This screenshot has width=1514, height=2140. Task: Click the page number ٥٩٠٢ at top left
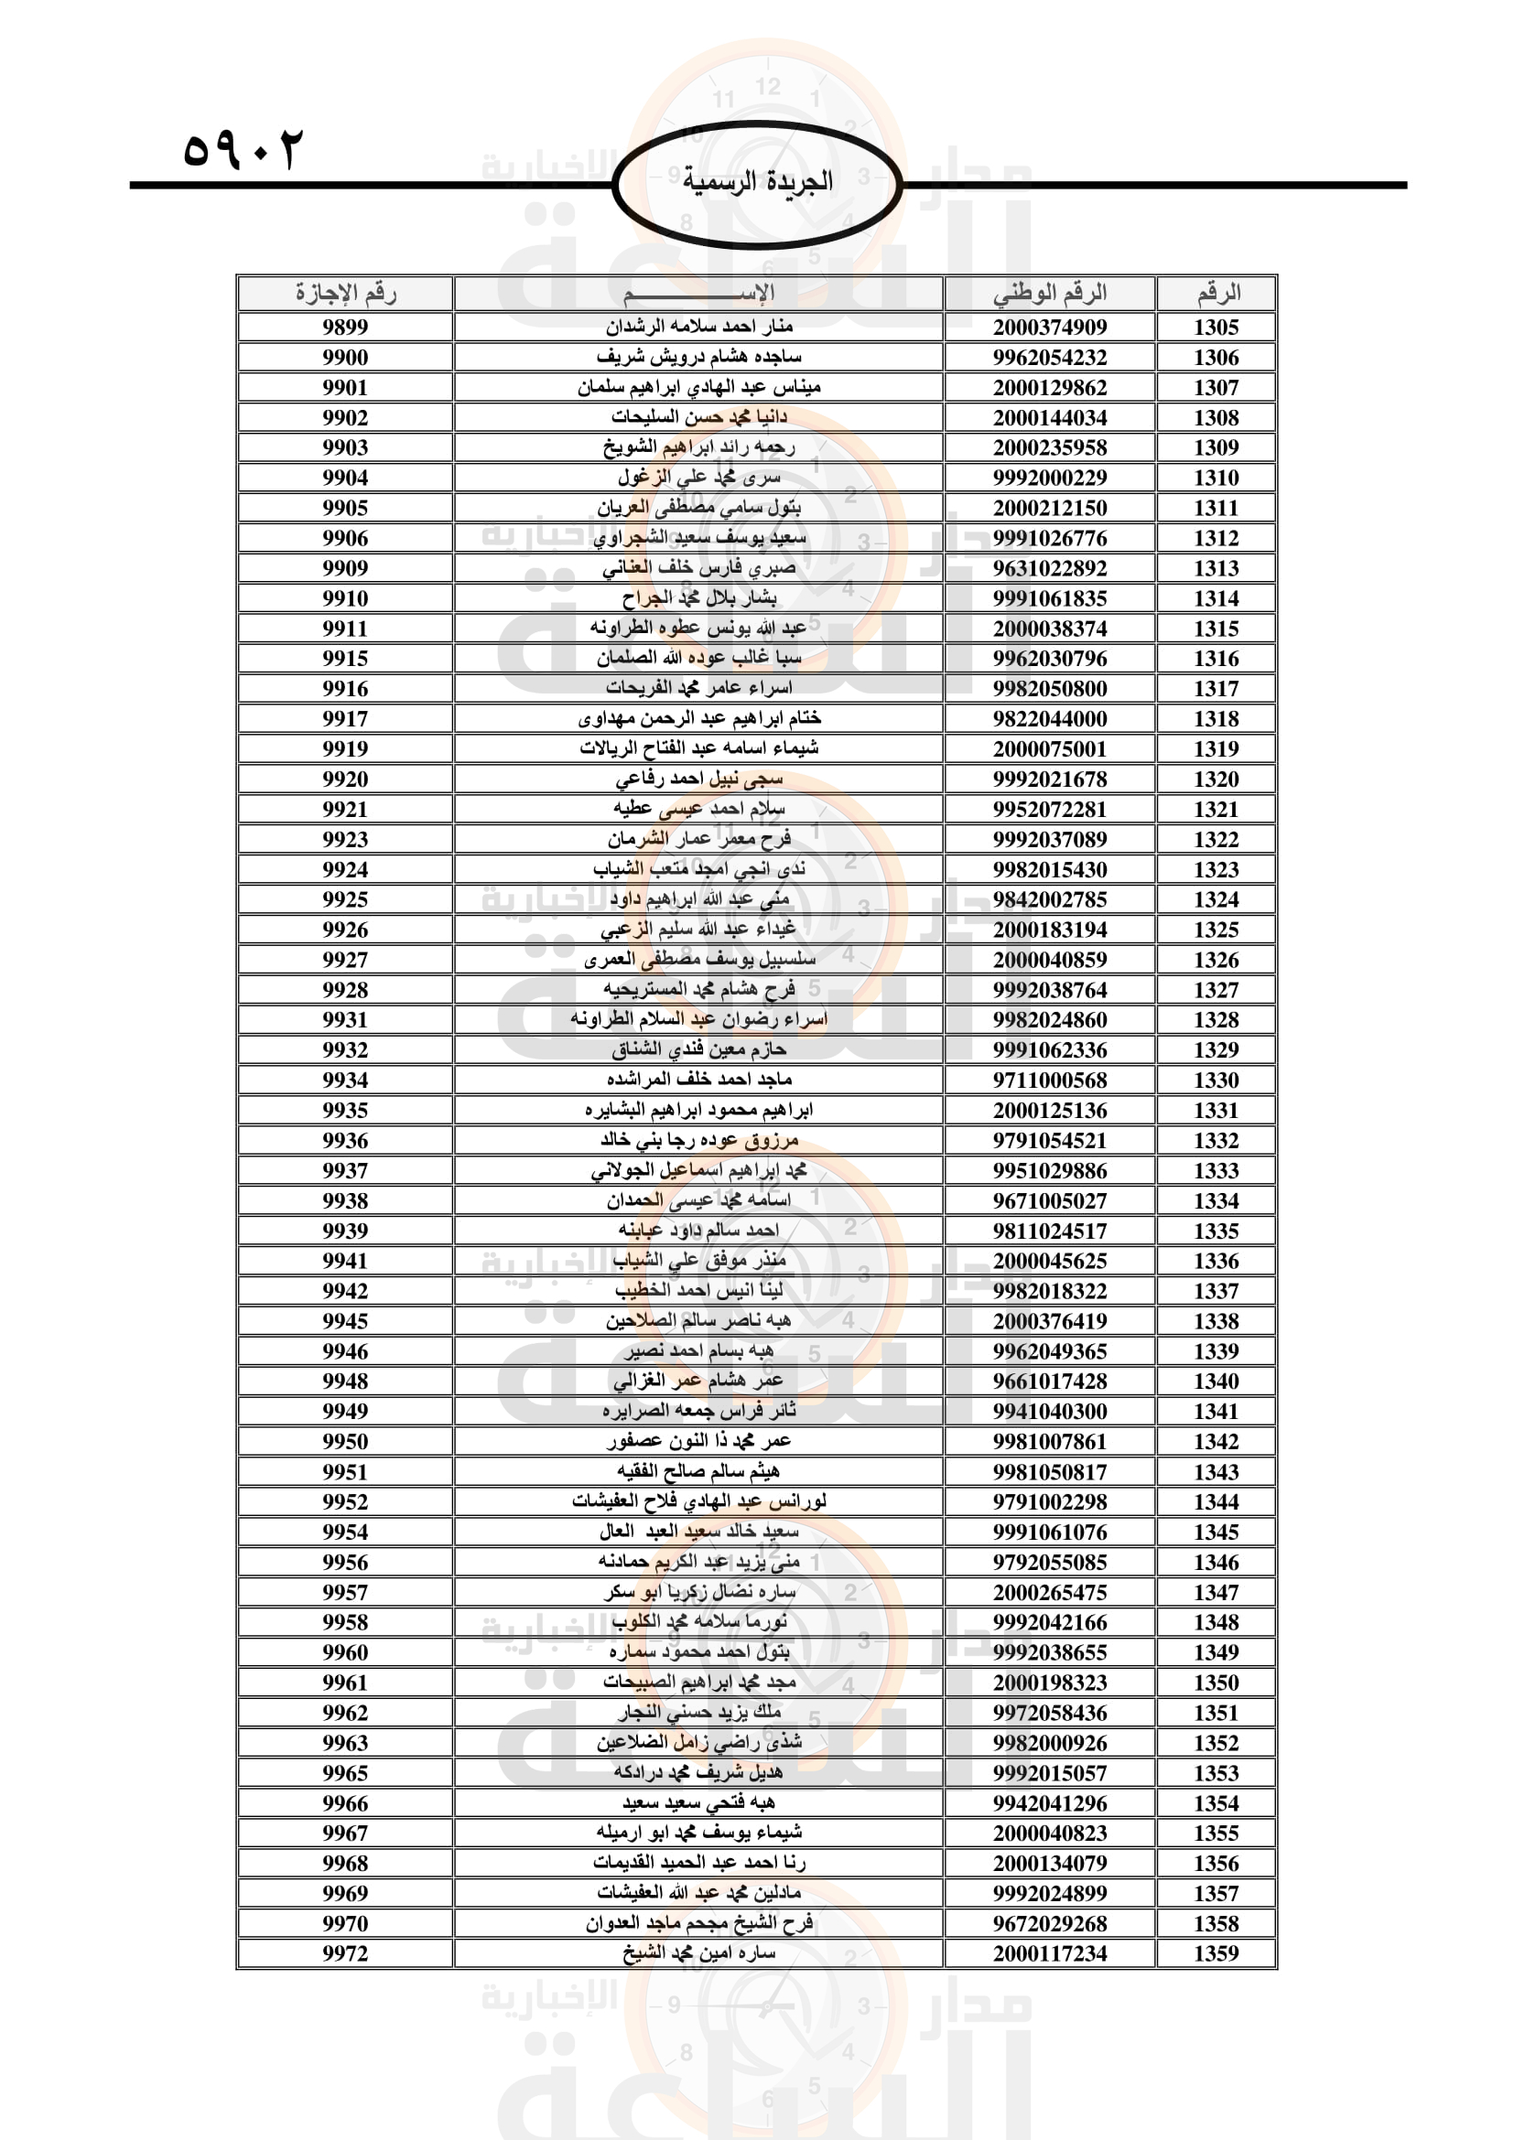(243, 149)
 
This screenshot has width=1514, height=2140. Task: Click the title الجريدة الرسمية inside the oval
(757, 181)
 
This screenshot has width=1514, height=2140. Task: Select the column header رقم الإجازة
(345, 294)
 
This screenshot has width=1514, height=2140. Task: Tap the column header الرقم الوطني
(1050, 294)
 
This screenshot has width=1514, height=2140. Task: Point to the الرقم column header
(1217, 294)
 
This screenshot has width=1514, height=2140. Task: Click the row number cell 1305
(1217, 328)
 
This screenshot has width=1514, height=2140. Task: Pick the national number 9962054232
(1050, 357)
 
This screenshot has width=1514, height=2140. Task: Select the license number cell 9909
(345, 567)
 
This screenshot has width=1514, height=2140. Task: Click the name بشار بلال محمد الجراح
(699, 597)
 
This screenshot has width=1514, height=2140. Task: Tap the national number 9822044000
(1050, 718)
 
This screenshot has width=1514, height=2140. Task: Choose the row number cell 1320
(1217, 779)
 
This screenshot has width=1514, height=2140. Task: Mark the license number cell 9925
(345, 899)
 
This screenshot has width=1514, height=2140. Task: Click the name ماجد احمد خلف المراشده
(699, 1080)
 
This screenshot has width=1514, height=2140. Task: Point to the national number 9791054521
(1050, 1140)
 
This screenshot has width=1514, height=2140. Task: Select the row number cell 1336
(1217, 1260)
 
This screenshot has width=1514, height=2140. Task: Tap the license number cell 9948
(345, 1381)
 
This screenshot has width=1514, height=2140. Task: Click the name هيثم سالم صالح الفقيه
(699, 1472)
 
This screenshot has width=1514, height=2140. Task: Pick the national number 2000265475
(1050, 1592)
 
